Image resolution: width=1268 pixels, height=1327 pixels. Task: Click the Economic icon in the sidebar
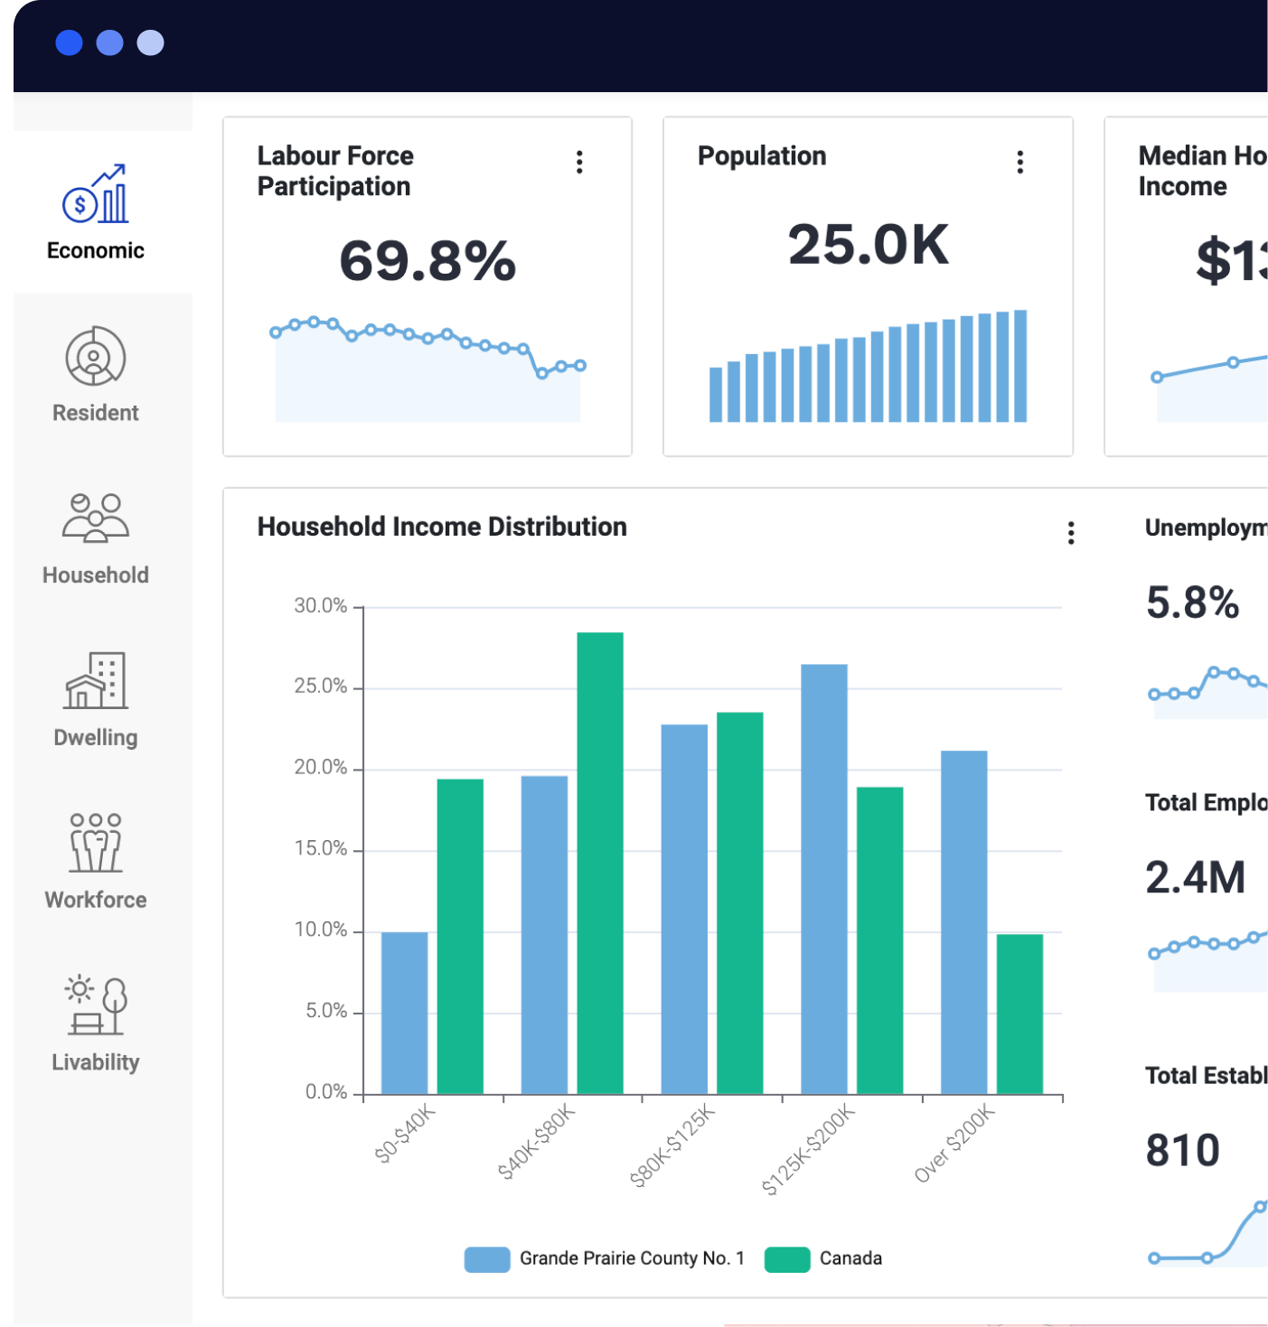(95, 193)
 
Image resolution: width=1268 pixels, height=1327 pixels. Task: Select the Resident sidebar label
(95, 413)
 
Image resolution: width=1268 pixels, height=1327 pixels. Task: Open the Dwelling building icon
(95, 680)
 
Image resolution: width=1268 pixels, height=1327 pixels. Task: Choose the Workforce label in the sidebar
(95, 900)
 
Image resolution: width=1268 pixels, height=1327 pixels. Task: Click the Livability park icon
(95, 1005)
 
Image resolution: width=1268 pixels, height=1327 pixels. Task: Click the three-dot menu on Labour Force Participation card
(579, 163)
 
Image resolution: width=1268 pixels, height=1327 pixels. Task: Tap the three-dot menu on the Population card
(1019, 163)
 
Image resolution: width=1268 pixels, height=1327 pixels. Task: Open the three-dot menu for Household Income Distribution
(1071, 533)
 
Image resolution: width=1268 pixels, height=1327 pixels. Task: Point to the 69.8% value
(427, 261)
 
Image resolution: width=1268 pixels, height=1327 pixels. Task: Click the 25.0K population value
(868, 245)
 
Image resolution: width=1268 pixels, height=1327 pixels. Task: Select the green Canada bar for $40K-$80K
(600, 863)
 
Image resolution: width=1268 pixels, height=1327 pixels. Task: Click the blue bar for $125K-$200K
(823, 879)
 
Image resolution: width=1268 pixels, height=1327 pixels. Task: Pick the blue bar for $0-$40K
(404, 1013)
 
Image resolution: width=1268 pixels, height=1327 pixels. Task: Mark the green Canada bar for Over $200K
(1019, 1014)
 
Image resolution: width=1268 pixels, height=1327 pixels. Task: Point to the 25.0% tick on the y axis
(321, 687)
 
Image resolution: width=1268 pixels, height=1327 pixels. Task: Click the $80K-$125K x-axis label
(673, 1145)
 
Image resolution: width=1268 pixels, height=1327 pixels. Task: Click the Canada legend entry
(824, 1258)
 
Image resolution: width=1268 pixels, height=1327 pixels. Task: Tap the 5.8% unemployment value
(1192, 603)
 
